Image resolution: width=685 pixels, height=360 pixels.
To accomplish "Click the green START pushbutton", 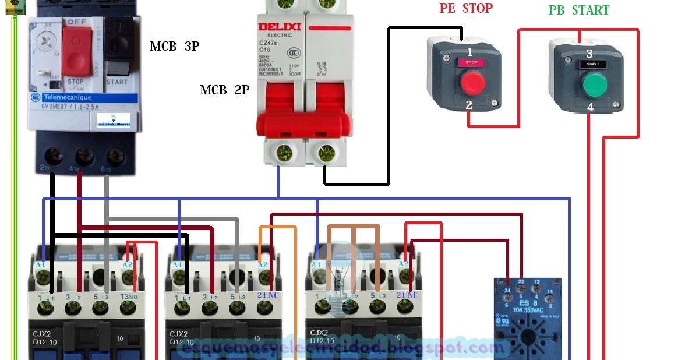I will [594, 84].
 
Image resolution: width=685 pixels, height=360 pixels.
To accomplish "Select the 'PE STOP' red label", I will [466, 9].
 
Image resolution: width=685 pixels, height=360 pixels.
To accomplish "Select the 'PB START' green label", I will [578, 10].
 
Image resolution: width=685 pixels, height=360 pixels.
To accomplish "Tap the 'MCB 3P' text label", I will [175, 47].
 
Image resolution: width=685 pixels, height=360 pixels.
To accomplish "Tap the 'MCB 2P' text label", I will [225, 90].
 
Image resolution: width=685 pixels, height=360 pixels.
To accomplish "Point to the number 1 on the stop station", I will [469, 52].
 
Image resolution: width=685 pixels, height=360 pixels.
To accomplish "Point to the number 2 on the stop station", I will [468, 105].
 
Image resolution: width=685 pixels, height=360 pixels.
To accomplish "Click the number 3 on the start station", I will [589, 54].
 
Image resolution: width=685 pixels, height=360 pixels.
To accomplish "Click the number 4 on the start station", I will [590, 108].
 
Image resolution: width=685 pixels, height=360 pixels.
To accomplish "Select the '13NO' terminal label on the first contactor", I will [129, 296].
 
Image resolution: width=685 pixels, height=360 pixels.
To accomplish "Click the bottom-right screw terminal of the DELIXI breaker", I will [328, 154].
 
